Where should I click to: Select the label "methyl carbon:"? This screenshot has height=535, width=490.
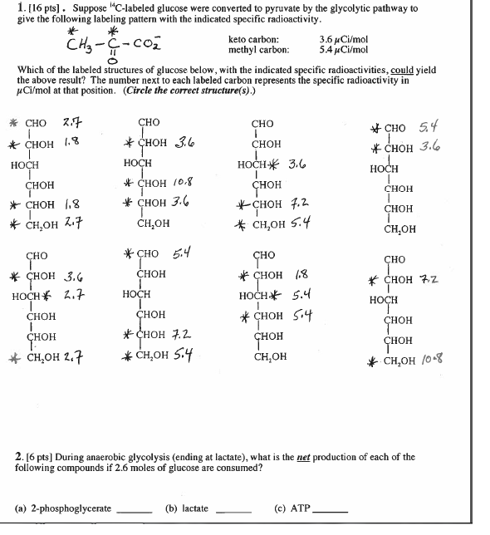257,50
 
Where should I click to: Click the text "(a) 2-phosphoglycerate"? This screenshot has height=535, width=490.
63,508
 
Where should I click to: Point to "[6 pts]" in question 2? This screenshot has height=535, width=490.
39,457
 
